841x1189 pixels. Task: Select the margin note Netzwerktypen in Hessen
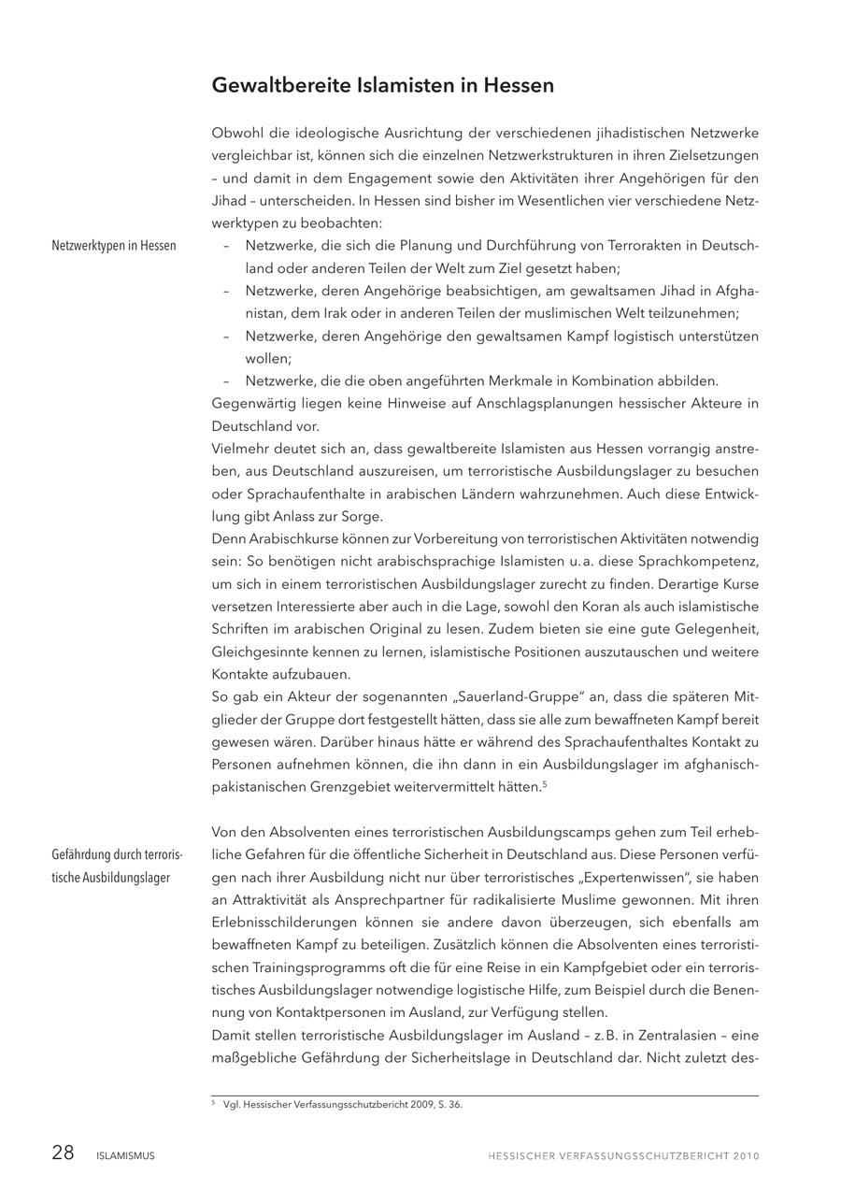[114, 246]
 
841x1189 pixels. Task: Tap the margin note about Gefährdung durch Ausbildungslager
[117, 867]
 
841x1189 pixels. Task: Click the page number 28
[63, 1153]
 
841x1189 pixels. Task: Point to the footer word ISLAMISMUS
[125, 1156]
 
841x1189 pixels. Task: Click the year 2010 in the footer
[746, 1156]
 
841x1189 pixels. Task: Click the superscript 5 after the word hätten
[544, 783]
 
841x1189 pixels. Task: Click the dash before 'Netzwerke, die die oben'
[226, 381]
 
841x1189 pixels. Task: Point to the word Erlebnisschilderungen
[287, 923]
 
